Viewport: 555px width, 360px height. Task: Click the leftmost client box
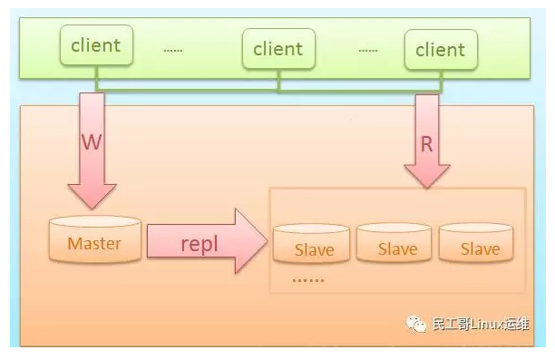tap(96, 45)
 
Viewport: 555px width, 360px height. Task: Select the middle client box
tap(278, 49)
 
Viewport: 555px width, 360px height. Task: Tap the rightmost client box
tap(440, 49)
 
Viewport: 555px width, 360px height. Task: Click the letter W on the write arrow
tap(92, 143)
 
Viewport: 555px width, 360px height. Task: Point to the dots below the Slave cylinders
tap(307, 280)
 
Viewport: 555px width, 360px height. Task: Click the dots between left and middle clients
tap(172, 50)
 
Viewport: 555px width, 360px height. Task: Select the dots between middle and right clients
tap(366, 50)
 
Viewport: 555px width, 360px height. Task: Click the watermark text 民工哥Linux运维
tap(481, 325)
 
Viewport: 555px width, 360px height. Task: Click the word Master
tap(93, 243)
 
